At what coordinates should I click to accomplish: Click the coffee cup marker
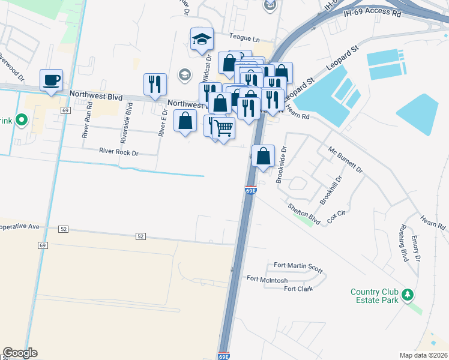[51, 80]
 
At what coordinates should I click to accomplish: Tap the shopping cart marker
[223, 127]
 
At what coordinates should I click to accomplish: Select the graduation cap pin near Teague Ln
[202, 40]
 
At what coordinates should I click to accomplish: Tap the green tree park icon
[408, 295]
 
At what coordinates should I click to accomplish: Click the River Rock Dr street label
[119, 152]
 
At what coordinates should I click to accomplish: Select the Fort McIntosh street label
[267, 279]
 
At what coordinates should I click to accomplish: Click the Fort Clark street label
[298, 289]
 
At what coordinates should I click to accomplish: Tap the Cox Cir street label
[336, 217]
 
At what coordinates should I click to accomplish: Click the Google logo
[20, 353]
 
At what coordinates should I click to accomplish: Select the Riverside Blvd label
[125, 122]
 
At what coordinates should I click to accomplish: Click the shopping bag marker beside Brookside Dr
[263, 157]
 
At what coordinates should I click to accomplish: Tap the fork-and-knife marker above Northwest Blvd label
[155, 85]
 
